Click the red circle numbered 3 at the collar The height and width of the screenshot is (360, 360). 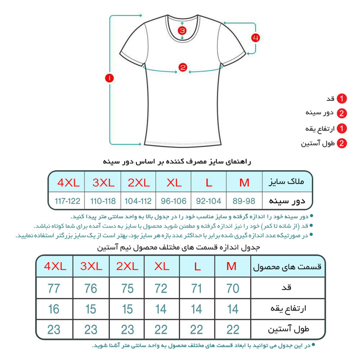point(182,31)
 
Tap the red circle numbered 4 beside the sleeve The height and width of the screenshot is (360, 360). point(255,38)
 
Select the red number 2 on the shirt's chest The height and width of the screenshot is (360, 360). point(182,68)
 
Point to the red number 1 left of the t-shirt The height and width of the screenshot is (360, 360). point(109,78)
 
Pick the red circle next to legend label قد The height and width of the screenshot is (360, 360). point(342,99)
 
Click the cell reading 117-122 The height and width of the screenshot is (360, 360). point(67,200)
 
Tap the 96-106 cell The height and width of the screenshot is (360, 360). point(174,200)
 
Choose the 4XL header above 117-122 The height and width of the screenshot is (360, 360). point(67,183)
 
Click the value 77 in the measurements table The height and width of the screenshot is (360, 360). point(54,288)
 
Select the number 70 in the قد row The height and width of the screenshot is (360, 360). point(233,288)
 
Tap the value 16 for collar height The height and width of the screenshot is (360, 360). point(54,309)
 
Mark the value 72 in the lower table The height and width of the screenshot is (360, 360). point(161,288)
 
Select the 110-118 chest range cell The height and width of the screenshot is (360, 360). point(103,200)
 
